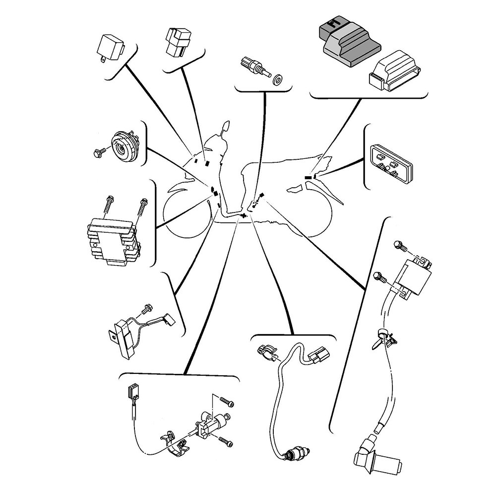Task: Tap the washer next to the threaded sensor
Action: click(x=277, y=77)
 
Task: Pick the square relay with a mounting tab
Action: click(x=110, y=48)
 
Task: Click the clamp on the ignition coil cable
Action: click(x=383, y=338)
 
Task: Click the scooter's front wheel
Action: click(x=188, y=213)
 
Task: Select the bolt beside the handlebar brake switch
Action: click(x=146, y=309)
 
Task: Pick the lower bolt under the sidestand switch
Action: click(x=224, y=440)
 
